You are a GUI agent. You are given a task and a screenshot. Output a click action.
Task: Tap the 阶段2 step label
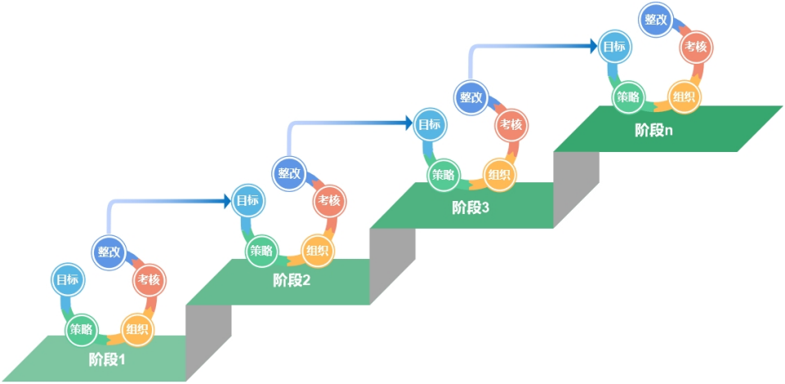[x=292, y=280]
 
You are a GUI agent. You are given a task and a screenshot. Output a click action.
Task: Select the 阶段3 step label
[x=471, y=208]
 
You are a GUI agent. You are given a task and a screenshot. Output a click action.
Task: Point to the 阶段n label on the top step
[x=654, y=129]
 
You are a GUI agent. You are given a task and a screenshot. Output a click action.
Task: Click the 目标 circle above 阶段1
[x=67, y=279]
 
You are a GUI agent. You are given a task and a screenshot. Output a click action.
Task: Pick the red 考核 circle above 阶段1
[x=149, y=280]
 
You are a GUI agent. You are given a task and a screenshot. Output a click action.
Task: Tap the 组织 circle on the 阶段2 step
[x=317, y=250]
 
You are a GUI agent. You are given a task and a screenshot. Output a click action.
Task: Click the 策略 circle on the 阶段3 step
[x=444, y=174]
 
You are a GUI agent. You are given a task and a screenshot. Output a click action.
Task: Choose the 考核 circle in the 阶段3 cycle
[x=511, y=124]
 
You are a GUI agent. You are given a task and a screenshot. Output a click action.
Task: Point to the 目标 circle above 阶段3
[x=430, y=124]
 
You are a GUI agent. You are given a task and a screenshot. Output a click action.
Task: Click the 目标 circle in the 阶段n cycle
[x=614, y=47]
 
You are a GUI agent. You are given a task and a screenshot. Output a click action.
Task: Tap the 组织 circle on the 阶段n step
[x=683, y=97]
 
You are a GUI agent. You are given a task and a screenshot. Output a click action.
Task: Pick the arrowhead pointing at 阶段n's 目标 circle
[x=592, y=47]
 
